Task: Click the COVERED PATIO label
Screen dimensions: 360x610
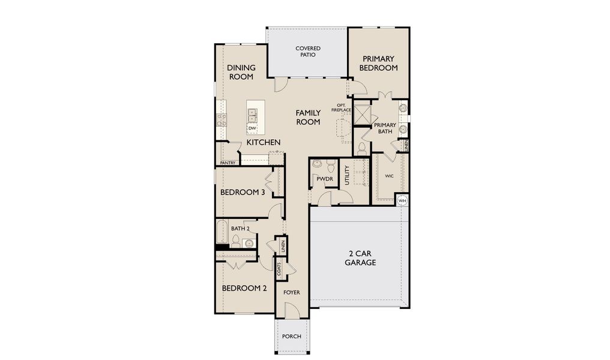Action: [307, 52]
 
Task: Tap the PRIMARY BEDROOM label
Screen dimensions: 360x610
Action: [378, 63]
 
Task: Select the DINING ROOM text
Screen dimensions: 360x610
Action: [241, 72]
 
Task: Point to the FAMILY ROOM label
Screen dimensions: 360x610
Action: [307, 117]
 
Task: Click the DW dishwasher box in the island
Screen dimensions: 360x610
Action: [253, 128]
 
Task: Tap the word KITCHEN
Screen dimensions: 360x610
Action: [263, 143]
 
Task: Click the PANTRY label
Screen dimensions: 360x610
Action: [228, 163]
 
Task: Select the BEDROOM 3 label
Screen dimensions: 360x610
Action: [243, 193]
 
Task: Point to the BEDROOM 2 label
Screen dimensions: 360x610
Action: [244, 288]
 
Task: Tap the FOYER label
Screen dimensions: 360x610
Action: [292, 293]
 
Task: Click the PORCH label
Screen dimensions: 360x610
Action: [292, 337]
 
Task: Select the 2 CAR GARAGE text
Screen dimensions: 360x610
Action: [360, 257]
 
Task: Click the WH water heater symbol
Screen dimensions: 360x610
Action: [402, 200]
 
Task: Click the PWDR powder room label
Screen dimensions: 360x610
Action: [324, 179]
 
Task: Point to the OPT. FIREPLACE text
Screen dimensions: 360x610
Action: [341, 109]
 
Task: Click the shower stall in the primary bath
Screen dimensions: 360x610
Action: [363, 113]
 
